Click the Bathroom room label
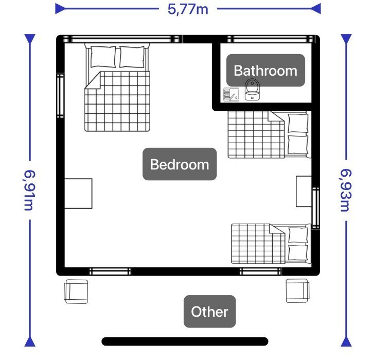click(265, 71)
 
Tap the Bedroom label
click(180, 164)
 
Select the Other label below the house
click(209, 312)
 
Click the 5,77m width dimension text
click(188, 9)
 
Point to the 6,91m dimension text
click(29, 190)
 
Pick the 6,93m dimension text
click(346, 190)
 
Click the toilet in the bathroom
click(253, 90)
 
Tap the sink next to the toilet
click(231, 95)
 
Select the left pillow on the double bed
click(103, 57)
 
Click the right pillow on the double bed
click(132, 57)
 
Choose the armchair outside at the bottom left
click(76, 292)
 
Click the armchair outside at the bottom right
click(297, 290)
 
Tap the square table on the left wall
click(78, 194)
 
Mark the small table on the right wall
click(304, 192)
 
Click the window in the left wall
click(60, 96)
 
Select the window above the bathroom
click(270, 39)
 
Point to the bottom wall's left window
click(110, 271)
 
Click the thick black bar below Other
click(185, 341)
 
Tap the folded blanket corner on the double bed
click(93, 80)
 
